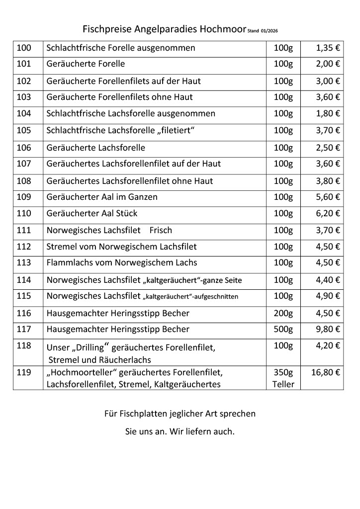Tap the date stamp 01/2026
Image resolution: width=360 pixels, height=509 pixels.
(x=269, y=31)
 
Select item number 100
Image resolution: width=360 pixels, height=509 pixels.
(x=24, y=48)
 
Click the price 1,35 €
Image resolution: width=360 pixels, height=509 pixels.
(x=328, y=48)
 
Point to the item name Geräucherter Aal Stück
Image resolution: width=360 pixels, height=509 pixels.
(x=91, y=213)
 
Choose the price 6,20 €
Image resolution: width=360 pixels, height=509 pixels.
(x=328, y=213)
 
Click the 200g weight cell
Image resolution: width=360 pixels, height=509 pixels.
(x=283, y=313)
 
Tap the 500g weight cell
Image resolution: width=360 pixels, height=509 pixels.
(x=283, y=329)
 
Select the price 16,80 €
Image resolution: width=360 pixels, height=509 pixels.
(x=326, y=372)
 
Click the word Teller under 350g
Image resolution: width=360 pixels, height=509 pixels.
(x=283, y=384)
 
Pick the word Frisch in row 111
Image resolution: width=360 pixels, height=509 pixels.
(x=161, y=230)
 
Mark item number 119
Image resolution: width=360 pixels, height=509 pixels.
(x=24, y=372)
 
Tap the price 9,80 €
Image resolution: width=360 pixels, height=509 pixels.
(x=328, y=329)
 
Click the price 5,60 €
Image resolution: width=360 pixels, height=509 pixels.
(x=328, y=197)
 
